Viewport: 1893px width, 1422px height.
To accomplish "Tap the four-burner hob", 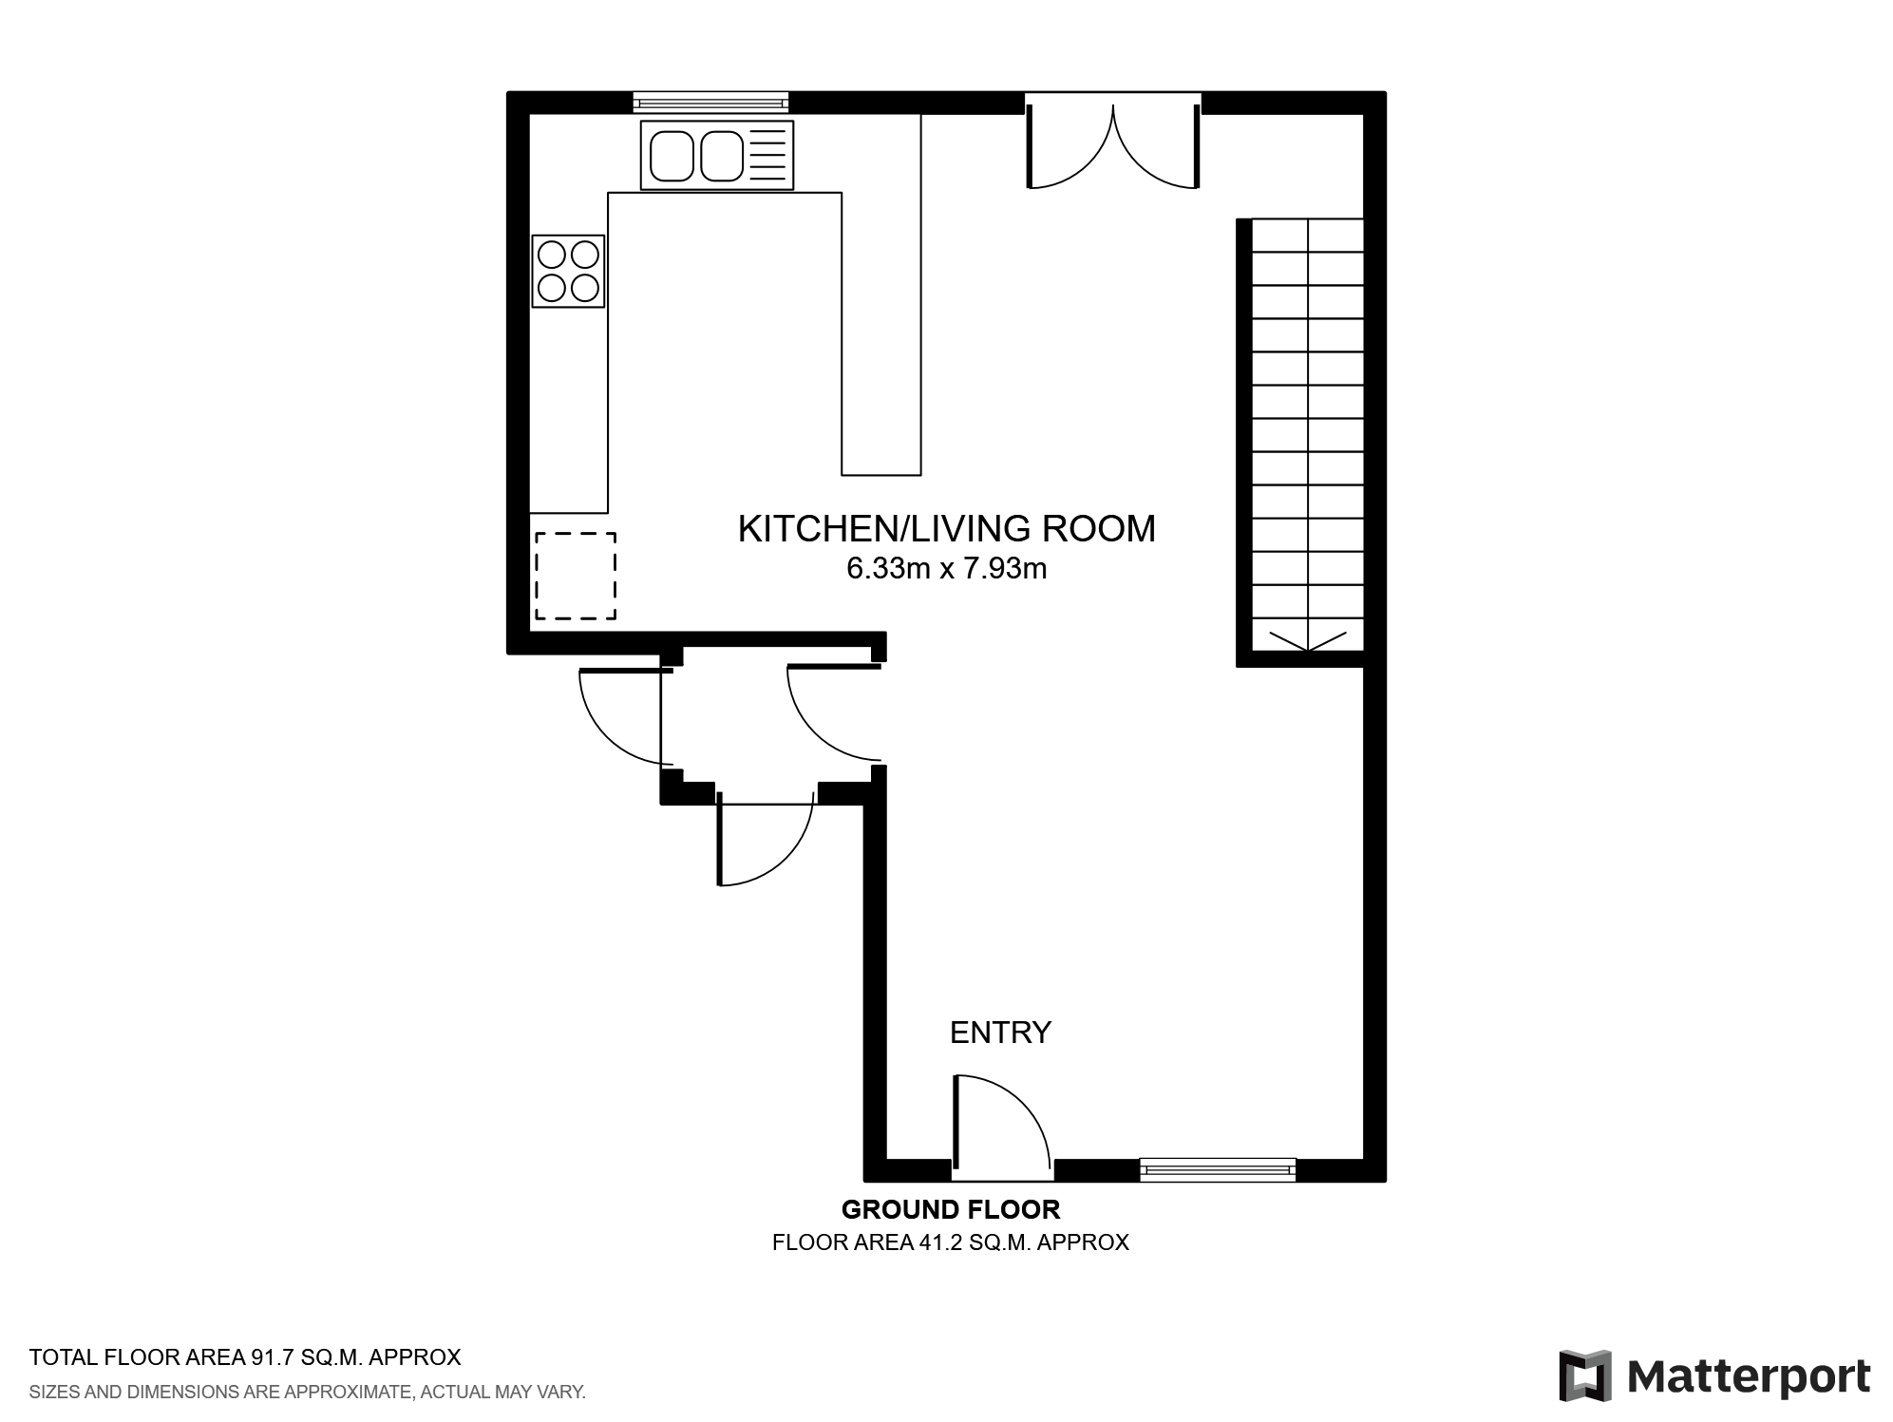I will (x=568, y=271).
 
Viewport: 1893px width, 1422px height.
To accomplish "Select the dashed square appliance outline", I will (x=575, y=576).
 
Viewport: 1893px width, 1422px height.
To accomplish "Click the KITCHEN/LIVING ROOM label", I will (x=946, y=529).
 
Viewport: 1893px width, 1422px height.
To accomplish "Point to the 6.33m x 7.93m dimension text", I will (x=946, y=569).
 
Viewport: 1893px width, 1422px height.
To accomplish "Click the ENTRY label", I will (x=1000, y=1033).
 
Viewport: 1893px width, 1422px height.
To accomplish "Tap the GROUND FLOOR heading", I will (x=950, y=1210).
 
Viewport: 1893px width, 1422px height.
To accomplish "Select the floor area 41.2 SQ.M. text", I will (x=950, y=1242).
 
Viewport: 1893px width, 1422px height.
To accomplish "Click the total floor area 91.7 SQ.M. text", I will (x=245, y=1356).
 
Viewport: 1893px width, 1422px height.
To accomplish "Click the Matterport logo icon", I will (x=1584, y=1375).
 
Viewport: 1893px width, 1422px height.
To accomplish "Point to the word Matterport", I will (x=1749, y=1376).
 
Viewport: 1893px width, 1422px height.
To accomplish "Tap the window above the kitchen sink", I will (x=710, y=101).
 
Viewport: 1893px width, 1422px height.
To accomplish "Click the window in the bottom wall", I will (x=1217, y=1169).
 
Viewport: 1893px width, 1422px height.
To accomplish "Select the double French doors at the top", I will (x=1112, y=142).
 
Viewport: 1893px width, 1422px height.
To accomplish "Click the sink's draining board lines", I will (x=770, y=155).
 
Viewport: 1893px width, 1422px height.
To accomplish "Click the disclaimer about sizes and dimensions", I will (x=307, y=1393).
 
